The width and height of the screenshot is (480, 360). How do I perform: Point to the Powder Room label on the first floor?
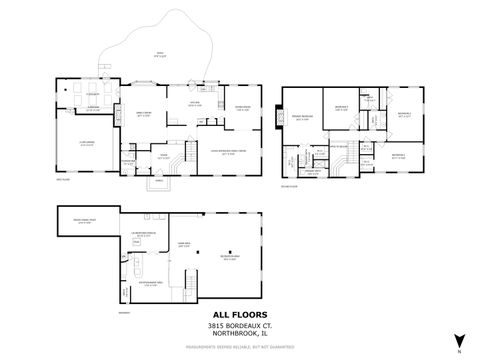(128, 162)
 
